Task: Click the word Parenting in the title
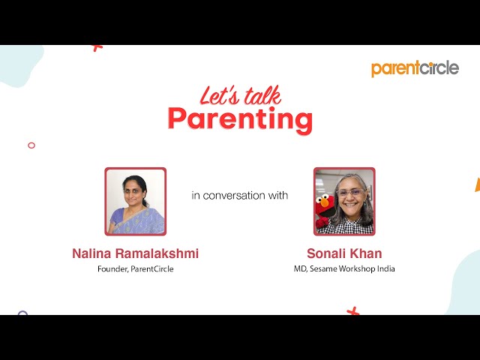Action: [x=239, y=119]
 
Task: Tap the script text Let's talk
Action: [x=240, y=95]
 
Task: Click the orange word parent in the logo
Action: [x=394, y=69]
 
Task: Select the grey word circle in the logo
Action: [x=438, y=68]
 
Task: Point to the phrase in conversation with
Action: [x=239, y=196]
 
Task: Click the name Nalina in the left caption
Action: [x=94, y=253]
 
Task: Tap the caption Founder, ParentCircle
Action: [x=135, y=269]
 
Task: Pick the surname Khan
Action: [x=367, y=253]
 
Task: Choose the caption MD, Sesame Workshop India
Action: [x=344, y=269]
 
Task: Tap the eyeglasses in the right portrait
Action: [x=350, y=193]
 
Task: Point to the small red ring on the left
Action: [x=31, y=145]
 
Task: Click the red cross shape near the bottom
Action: [x=352, y=310]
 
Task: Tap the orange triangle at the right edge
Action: [x=477, y=184]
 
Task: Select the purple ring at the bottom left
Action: [x=22, y=313]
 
